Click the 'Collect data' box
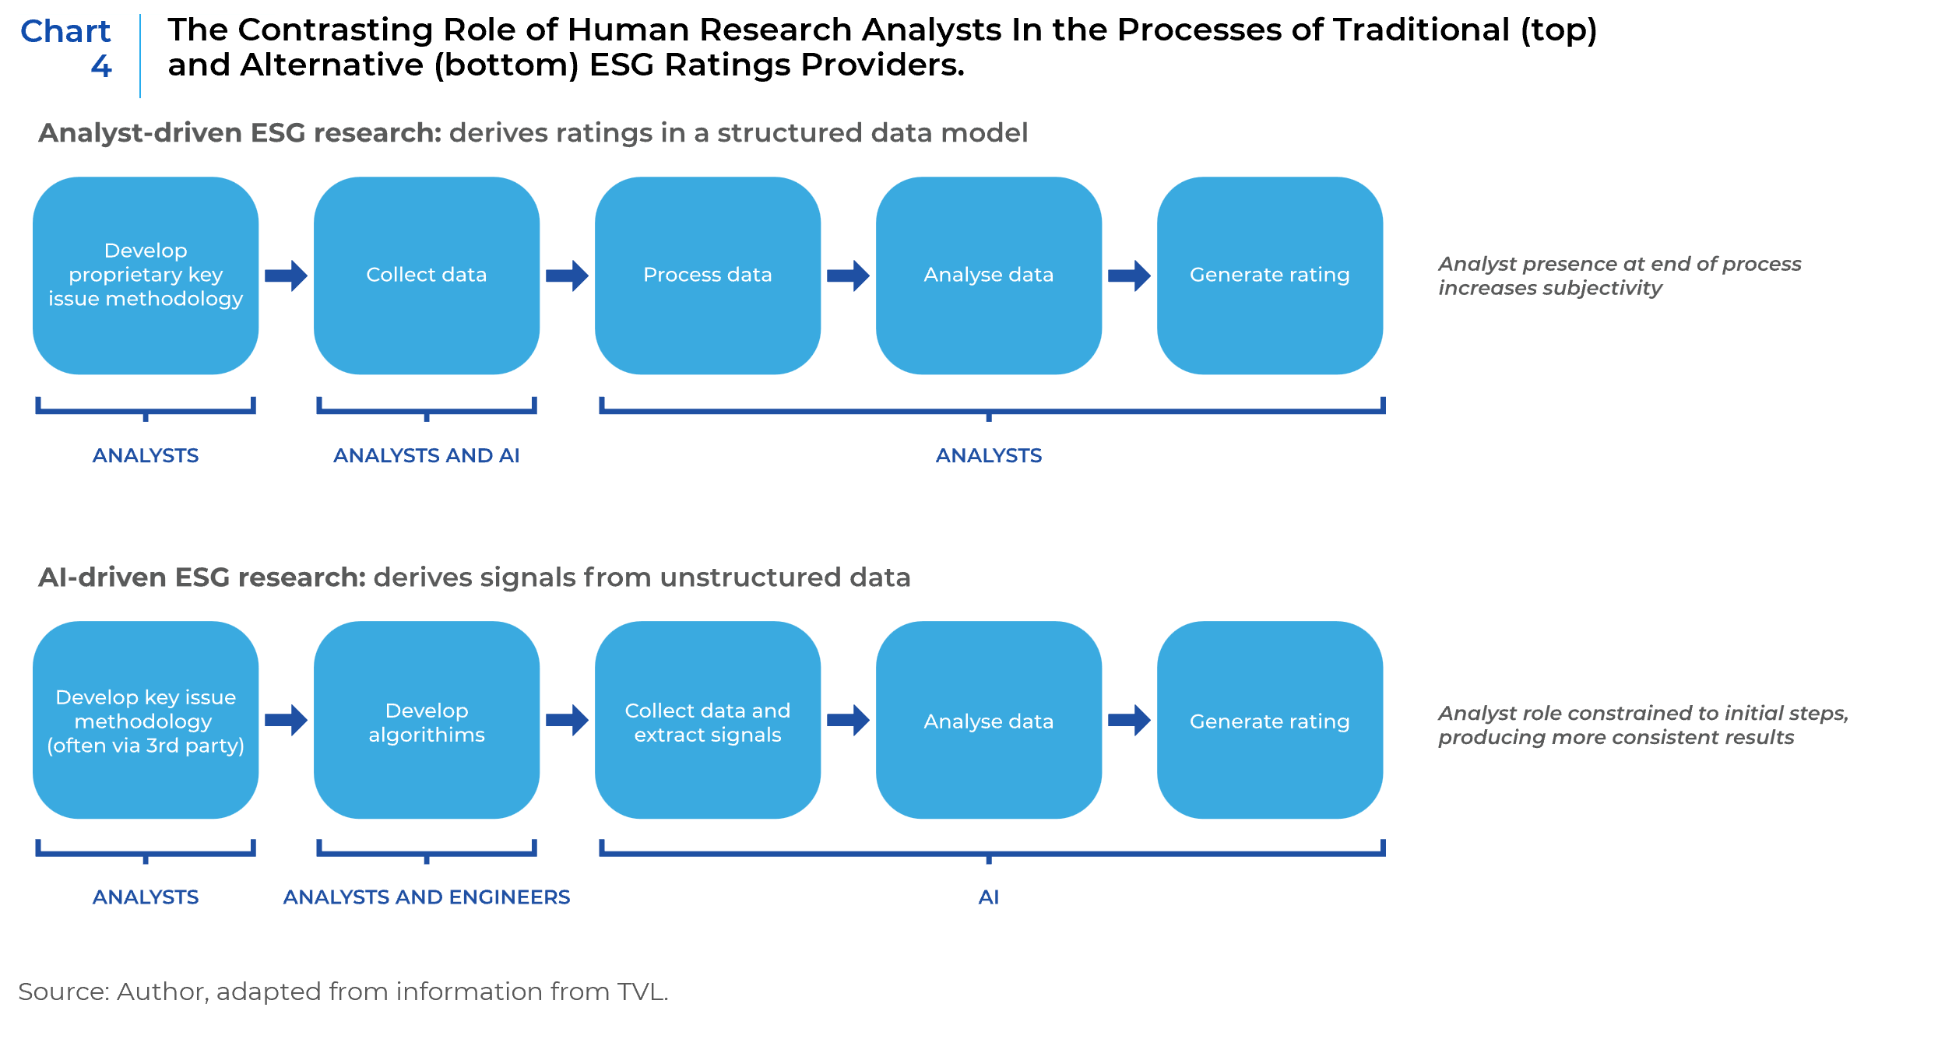(x=427, y=276)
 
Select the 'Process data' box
(x=708, y=276)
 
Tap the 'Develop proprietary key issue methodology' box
(x=146, y=276)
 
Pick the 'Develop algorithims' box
(x=427, y=720)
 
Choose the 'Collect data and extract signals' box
(x=708, y=720)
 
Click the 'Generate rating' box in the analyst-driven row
(x=1270, y=276)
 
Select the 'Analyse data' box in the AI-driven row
(x=989, y=720)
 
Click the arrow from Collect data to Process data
(x=567, y=276)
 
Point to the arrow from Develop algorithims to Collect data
(x=567, y=720)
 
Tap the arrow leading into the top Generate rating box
(x=1129, y=276)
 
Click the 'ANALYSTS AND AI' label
(x=427, y=455)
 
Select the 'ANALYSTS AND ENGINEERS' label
(x=427, y=897)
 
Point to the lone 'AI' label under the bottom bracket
(x=989, y=897)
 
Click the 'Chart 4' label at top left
(x=67, y=48)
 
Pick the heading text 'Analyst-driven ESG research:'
(x=240, y=133)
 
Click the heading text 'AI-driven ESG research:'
(x=202, y=577)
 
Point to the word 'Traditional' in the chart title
(x=1422, y=30)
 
